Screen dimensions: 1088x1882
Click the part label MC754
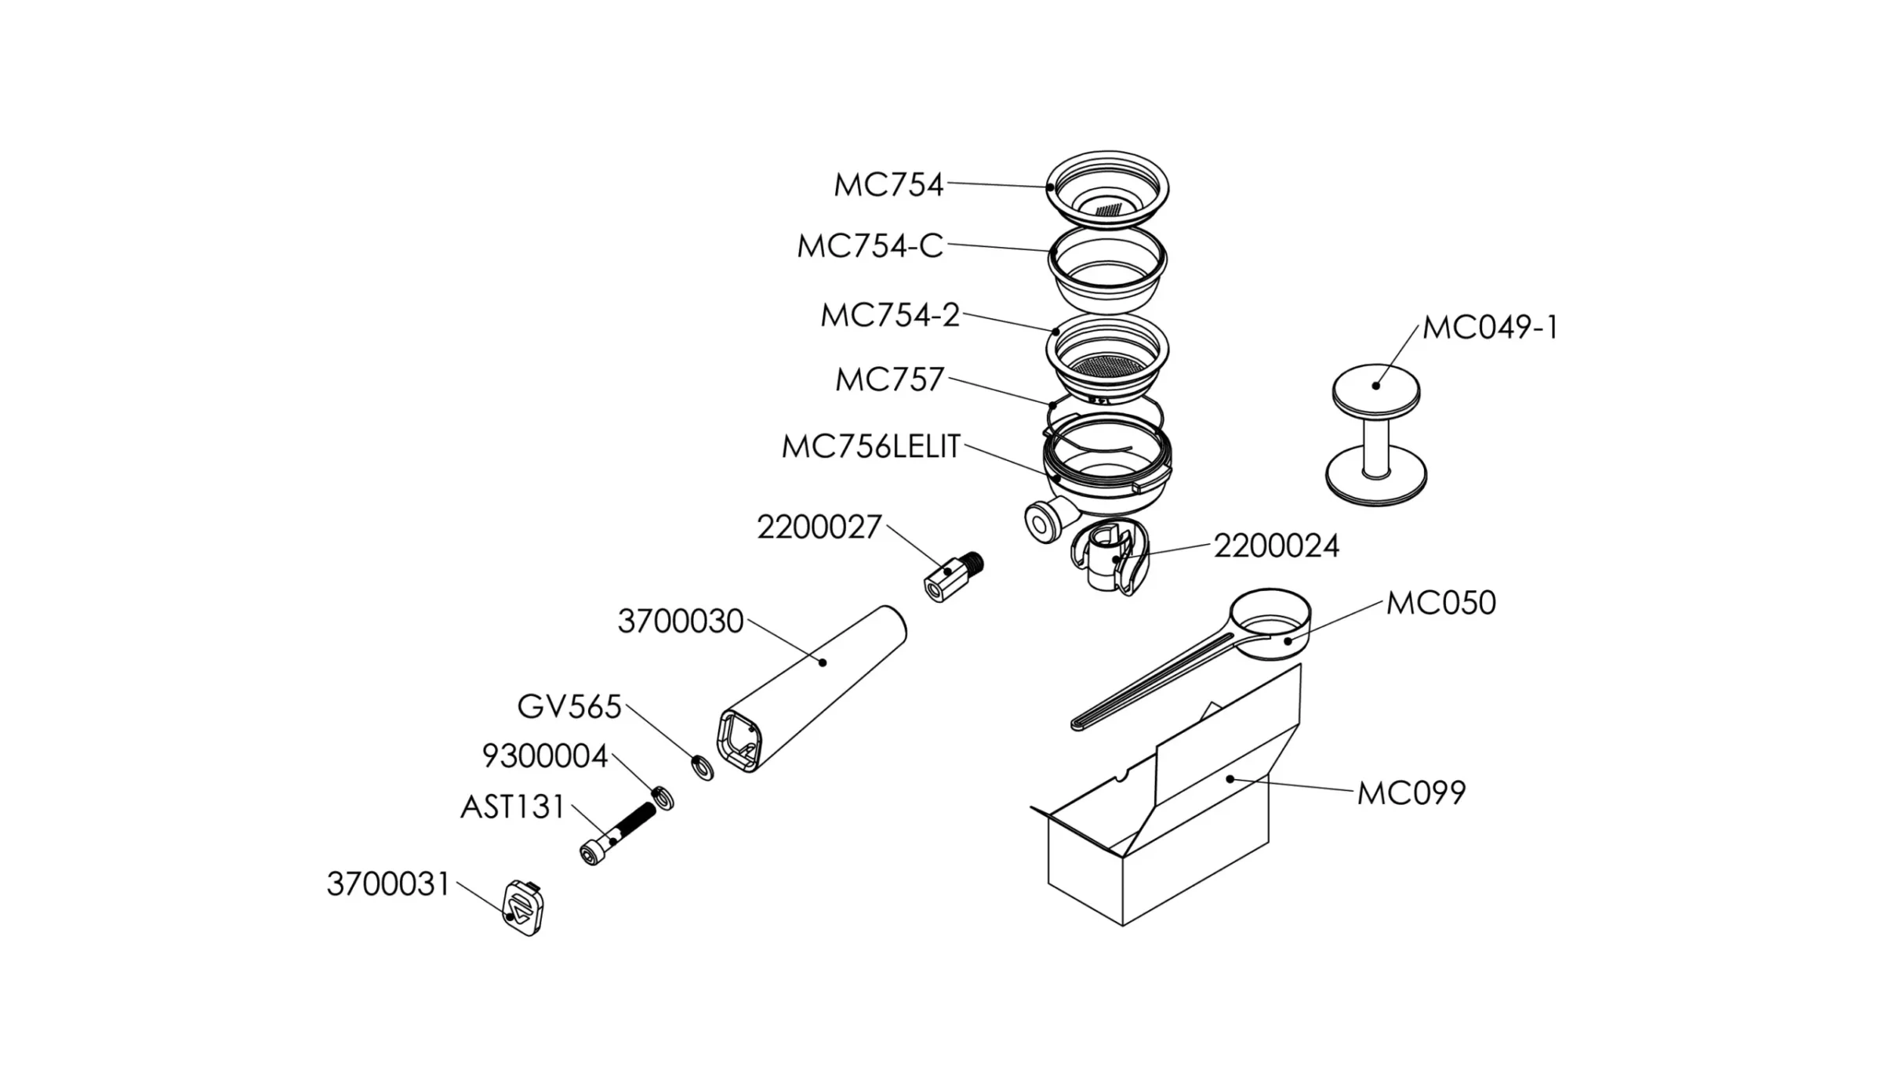click(888, 186)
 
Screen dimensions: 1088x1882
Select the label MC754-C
click(869, 246)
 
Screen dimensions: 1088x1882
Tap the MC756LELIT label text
click(870, 447)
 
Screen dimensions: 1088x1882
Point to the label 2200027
click(819, 528)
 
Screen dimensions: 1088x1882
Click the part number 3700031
click(388, 884)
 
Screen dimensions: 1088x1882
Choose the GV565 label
click(569, 707)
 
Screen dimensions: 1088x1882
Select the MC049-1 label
click(1489, 328)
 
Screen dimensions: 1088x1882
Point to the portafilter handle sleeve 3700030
click(816, 686)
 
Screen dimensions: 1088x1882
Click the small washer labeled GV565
click(703, 767)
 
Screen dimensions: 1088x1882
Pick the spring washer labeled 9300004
click(663, 798)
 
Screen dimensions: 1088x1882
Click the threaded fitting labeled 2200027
click(952, 577)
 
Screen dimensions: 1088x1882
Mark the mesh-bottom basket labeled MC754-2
click(1107, 357)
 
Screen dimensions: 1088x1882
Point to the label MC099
click(1411, 793)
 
